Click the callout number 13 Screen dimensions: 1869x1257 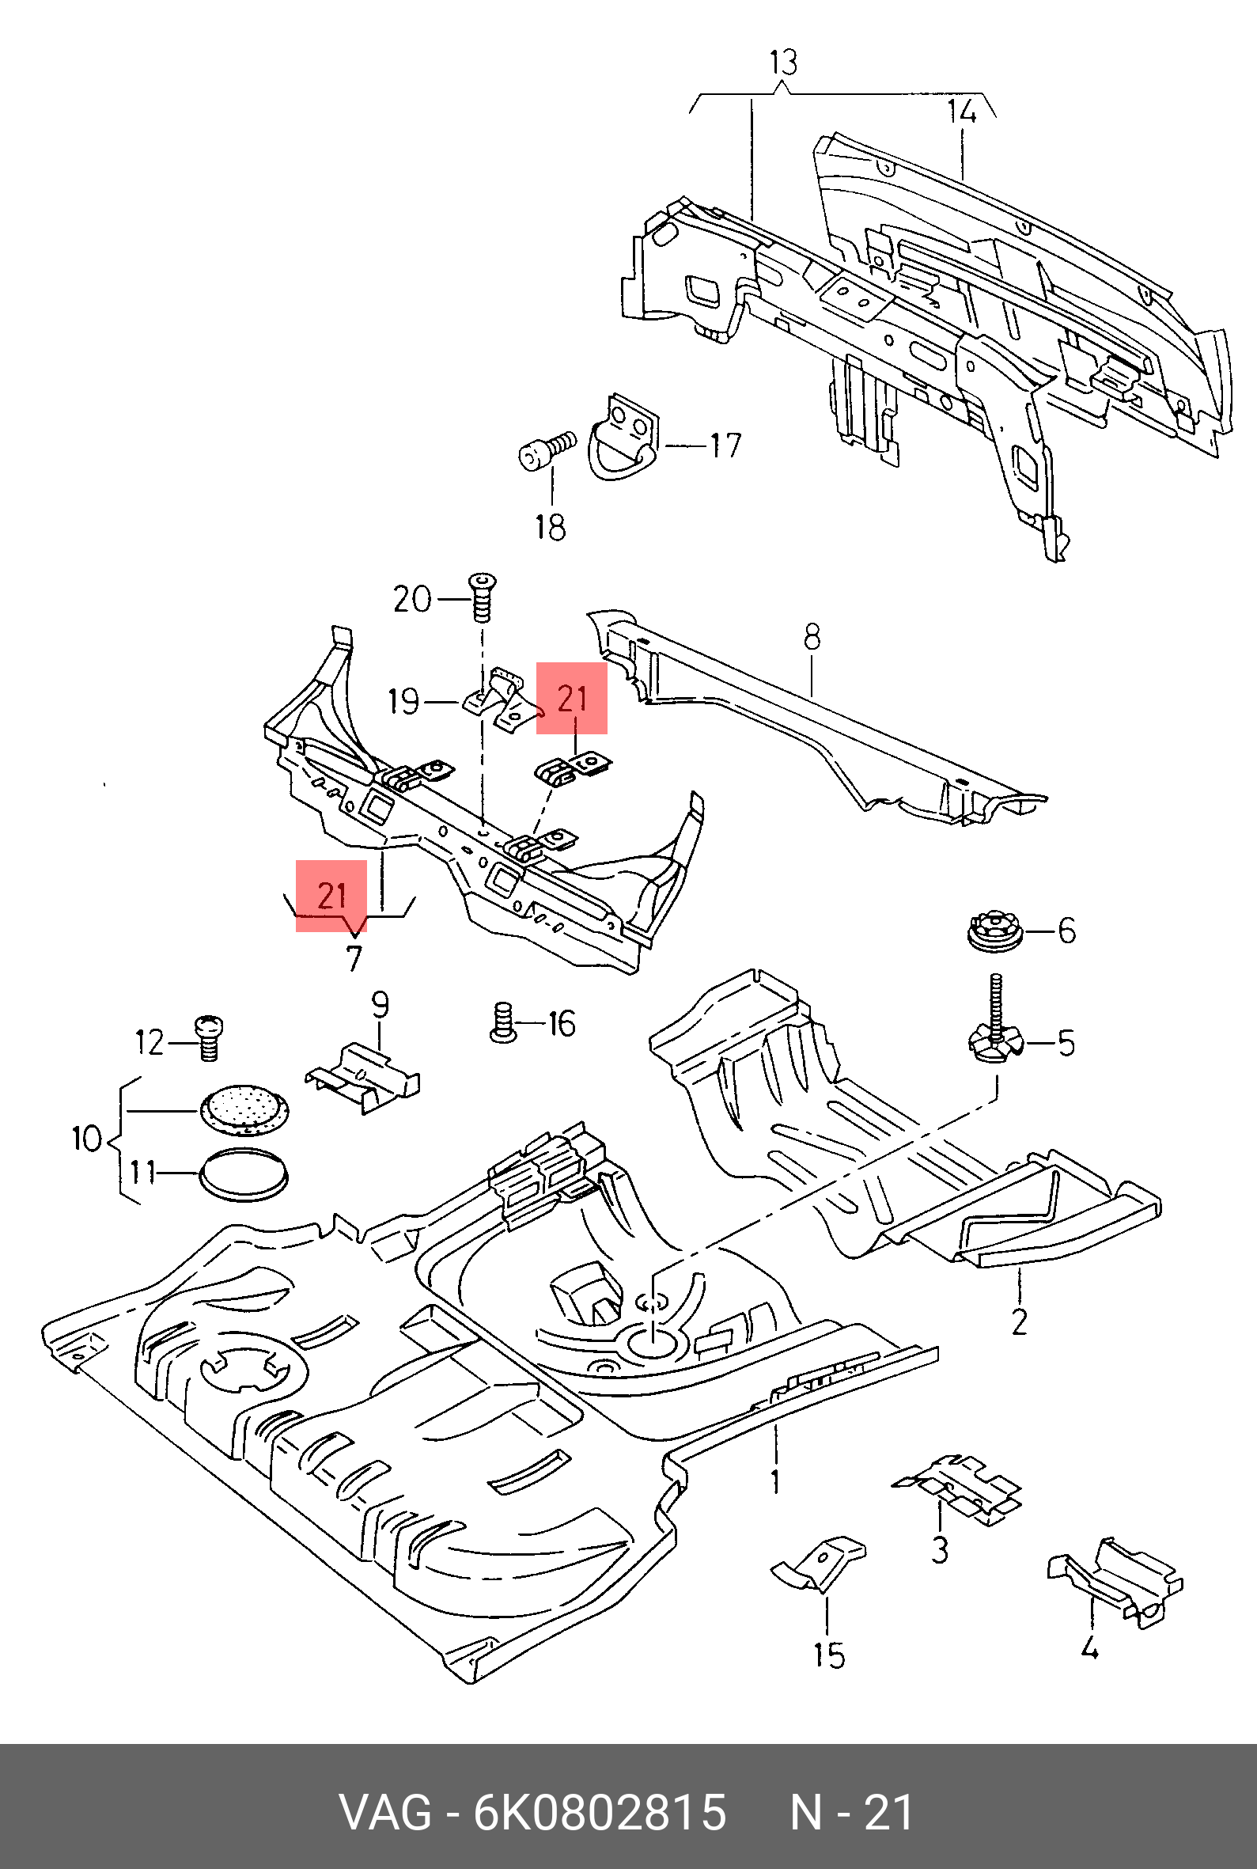click(x=783, y=63)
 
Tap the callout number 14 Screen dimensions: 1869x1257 click(x=962, y=111)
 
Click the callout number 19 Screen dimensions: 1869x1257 click(x=403, y=702)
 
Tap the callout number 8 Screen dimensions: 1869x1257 click(x=812, y=638)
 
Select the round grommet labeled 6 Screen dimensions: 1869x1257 click(x=994, y=931)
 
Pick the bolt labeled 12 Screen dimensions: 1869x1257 click(x=208, y=1037)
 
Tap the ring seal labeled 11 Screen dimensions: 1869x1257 click(x=244, y=1174)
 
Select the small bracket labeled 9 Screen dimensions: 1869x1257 click(x=363, y=1077)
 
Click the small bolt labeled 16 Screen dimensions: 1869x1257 click(x=502, y=1023)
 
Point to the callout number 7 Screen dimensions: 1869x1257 click(x=354, y=959)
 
